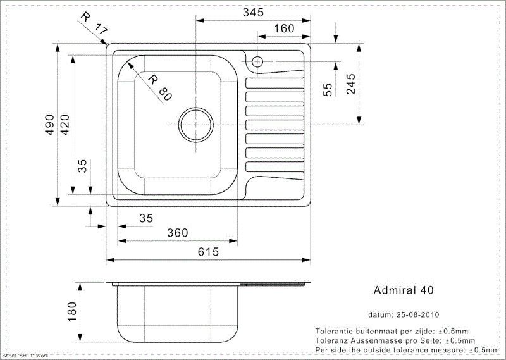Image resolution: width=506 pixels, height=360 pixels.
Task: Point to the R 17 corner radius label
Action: (x=92, y=24)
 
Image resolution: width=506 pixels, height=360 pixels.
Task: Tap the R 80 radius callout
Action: (x=158, y=87)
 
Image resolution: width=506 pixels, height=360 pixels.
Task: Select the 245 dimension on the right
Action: (x=351, y=84)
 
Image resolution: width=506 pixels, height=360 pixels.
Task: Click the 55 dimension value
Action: (x=328, y=89)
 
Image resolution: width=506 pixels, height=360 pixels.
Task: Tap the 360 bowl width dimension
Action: (x=177, y=233)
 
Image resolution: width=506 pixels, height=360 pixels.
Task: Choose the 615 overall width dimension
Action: (x=207, y=252)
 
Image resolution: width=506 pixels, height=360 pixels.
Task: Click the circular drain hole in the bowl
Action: (x=195, y=123)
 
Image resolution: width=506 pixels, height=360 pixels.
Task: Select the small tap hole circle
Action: (x=257, y=61)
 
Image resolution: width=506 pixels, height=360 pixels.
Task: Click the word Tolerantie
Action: (x=335, y=331)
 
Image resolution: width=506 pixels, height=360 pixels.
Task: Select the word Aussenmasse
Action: (x=371, y=340)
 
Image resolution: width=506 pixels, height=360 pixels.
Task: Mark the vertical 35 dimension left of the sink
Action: (x=82, y=166)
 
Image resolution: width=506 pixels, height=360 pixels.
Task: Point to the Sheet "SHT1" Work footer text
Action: (x=25, y=356)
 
